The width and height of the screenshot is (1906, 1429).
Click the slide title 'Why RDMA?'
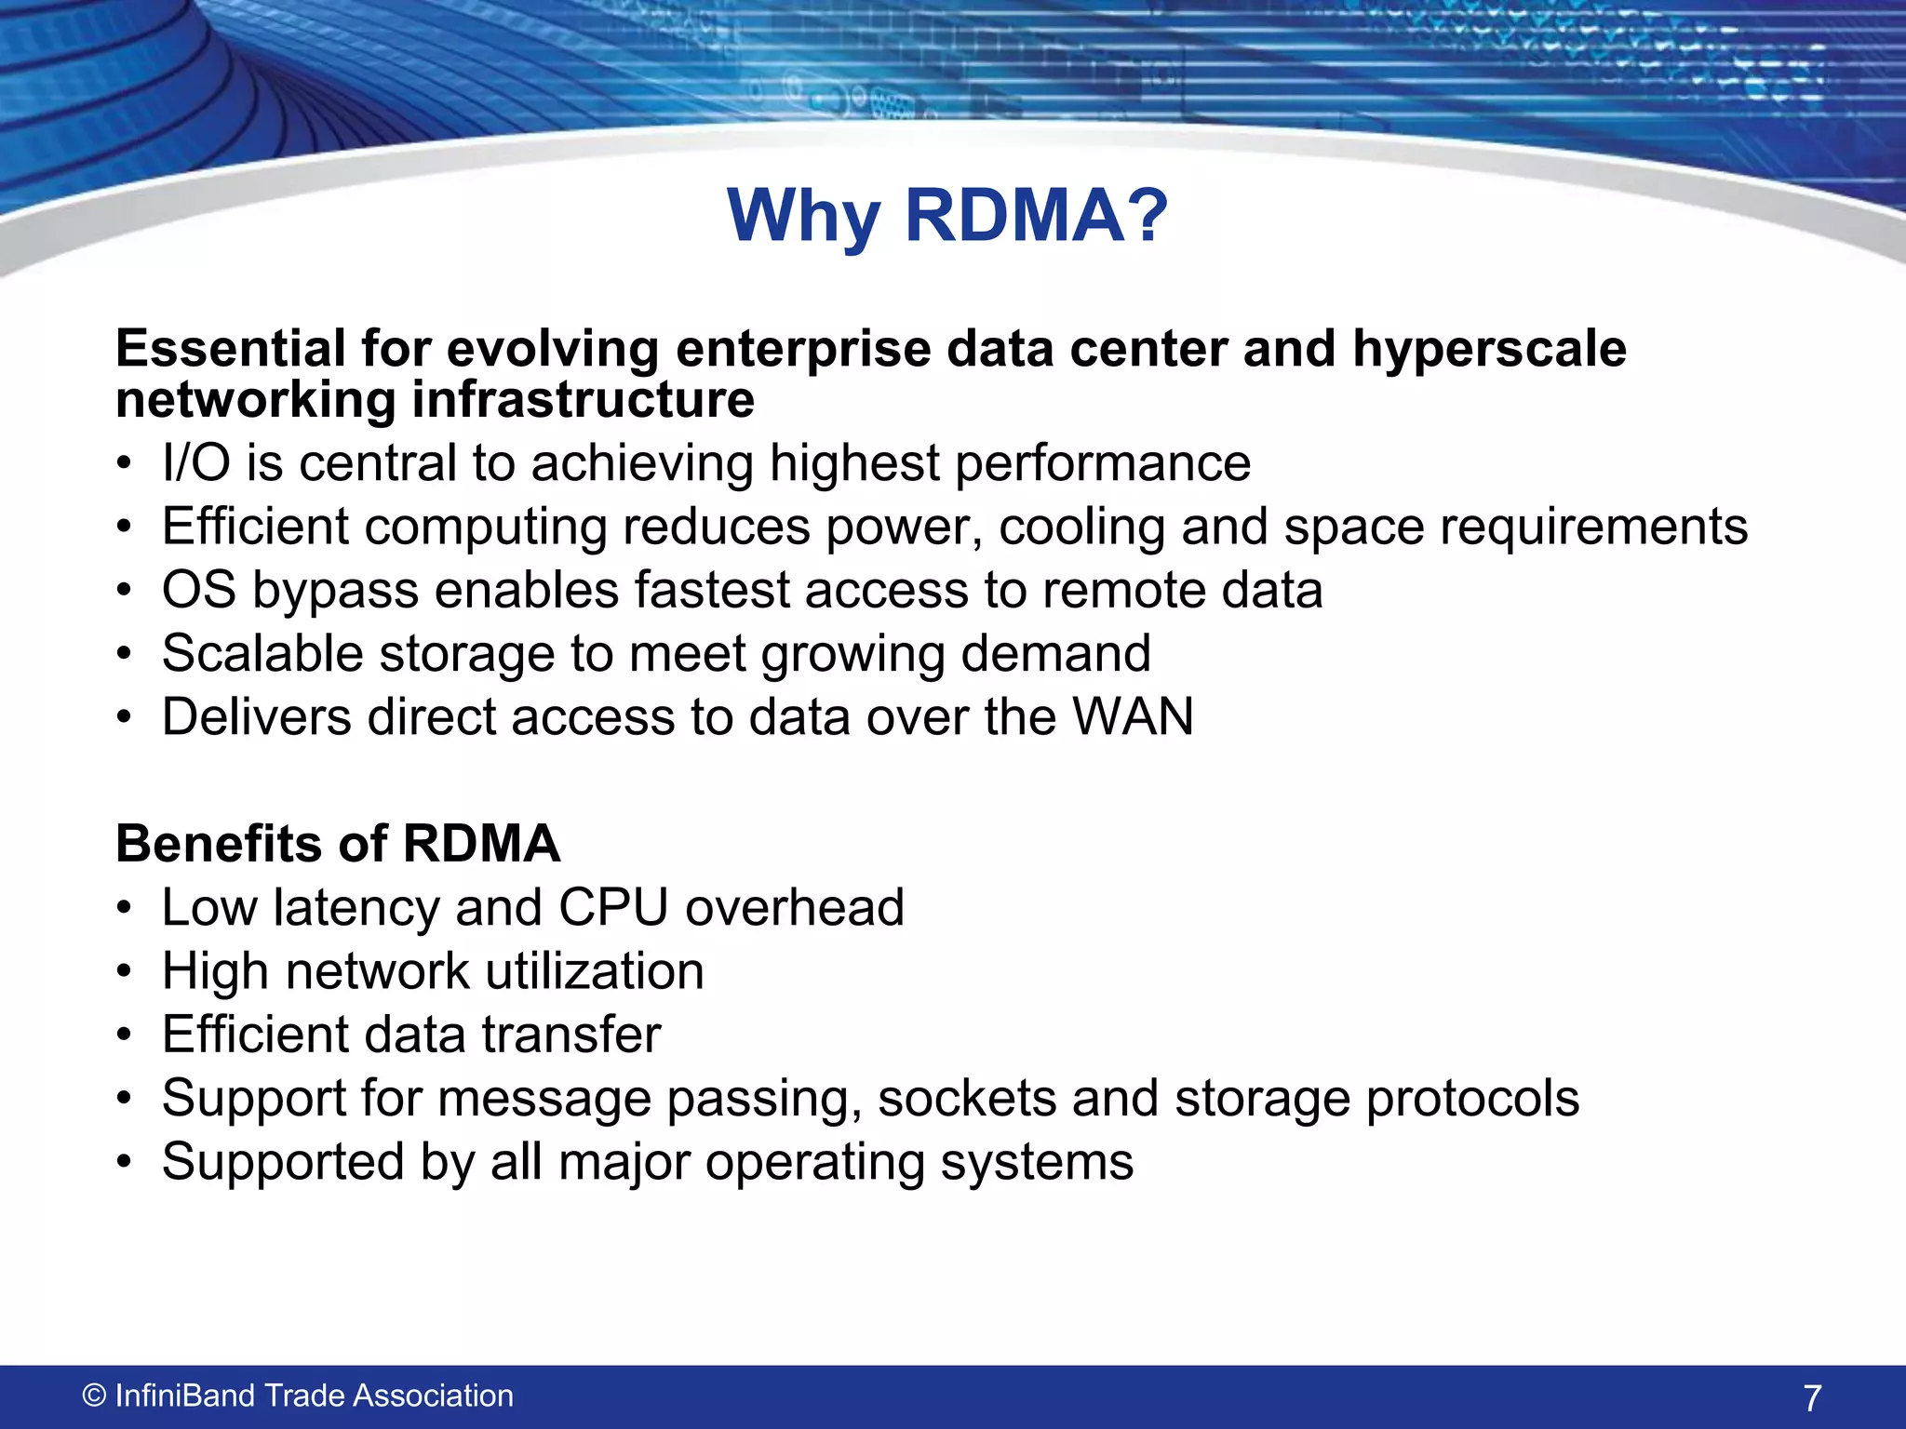pyautogui.click(x=947, y=216)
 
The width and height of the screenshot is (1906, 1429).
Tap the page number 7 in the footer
pyautogui.click(x=1811, y=1398)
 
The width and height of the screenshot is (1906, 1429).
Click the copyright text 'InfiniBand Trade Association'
pyautogui.click(x=314, y=1396)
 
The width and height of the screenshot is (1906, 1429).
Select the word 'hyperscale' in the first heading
pyautogui.click(x=1489, y=350)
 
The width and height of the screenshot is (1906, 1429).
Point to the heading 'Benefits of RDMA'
pyautogui.click(x=338, y=844)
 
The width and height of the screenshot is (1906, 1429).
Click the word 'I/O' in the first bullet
pyautogui.click(x=195, y=463)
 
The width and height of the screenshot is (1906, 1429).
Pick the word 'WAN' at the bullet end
pyautogui.click(x=1133, y=717)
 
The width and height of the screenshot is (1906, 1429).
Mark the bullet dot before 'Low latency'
pyautogui.click(x=125, y=909)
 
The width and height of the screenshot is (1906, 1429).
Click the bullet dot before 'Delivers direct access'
pyautogui.click(x=125, y=718)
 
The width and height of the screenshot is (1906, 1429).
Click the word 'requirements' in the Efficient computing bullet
pyautogui.click(x=1594, y=528)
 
